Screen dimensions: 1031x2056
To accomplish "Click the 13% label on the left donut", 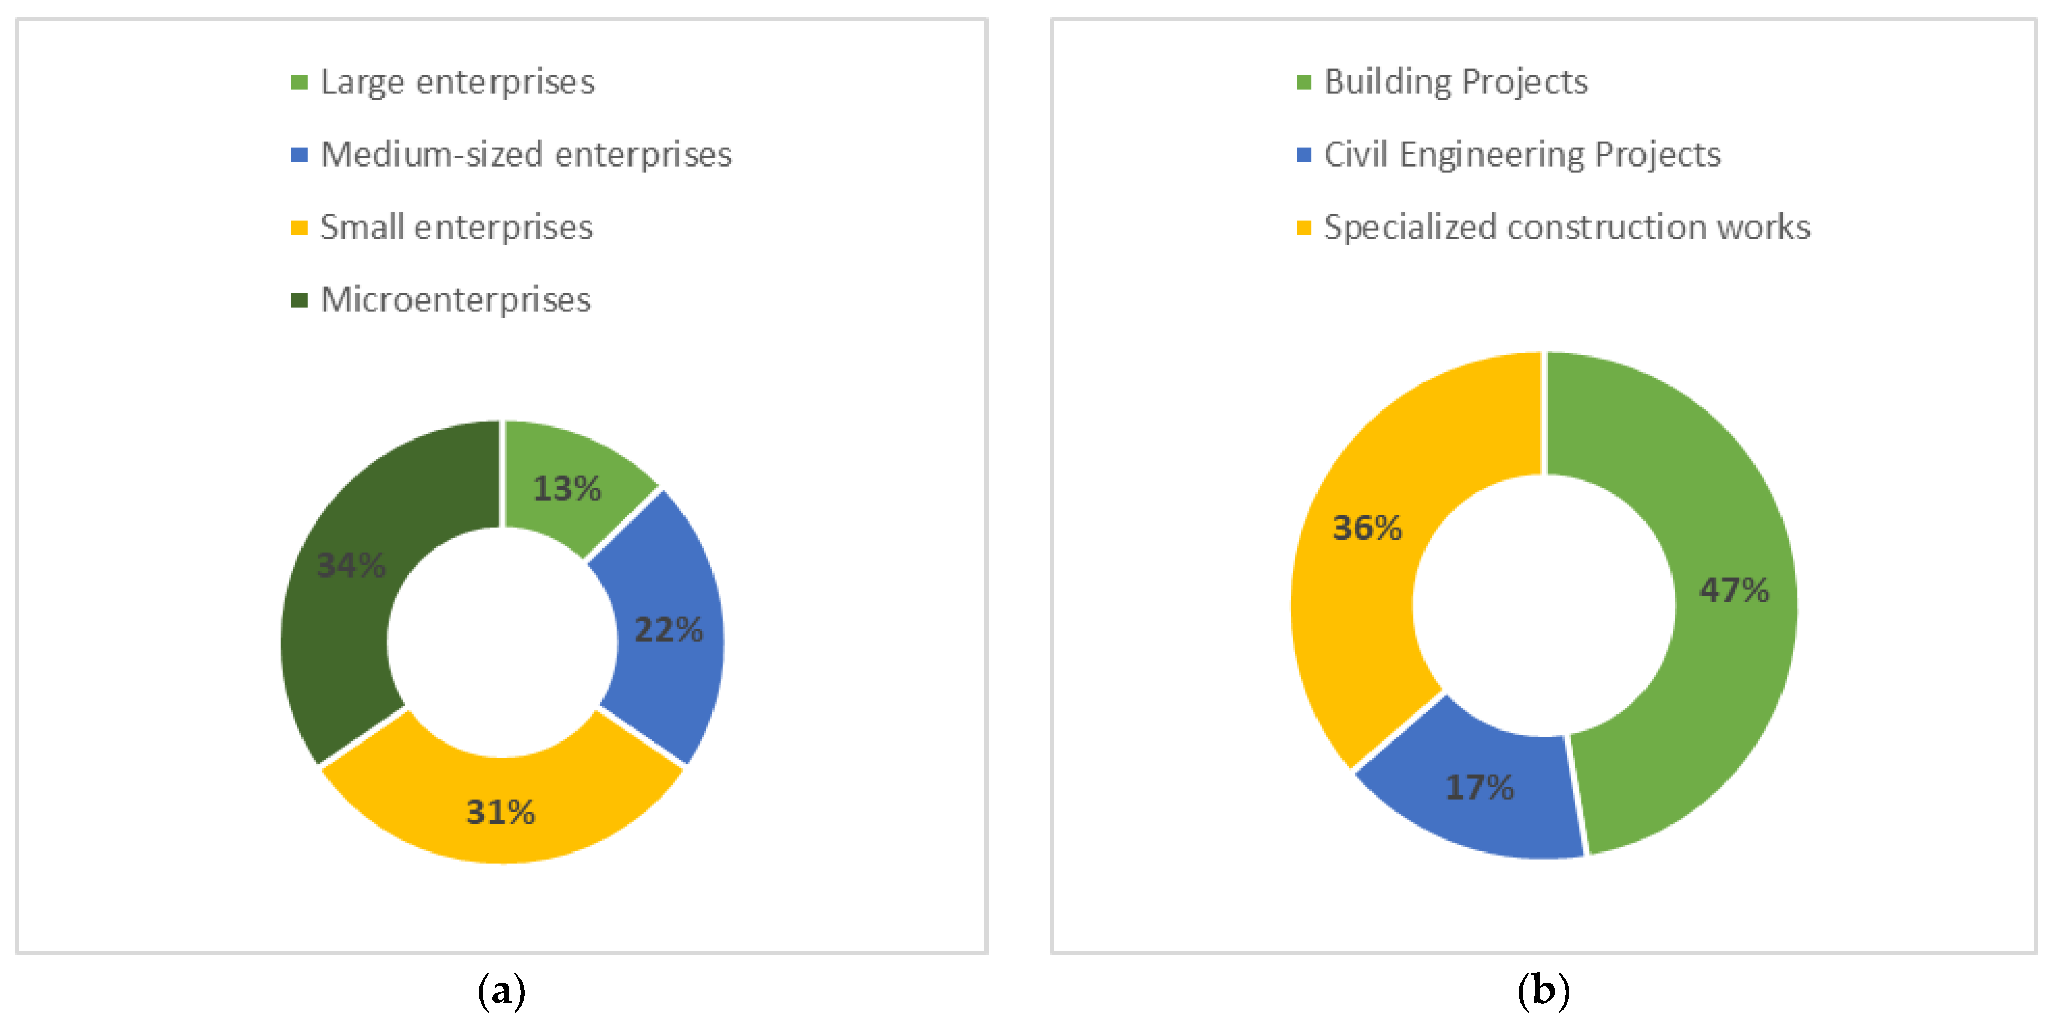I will coord(567,488).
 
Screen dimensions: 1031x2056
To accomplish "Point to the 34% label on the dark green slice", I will coord(351,565).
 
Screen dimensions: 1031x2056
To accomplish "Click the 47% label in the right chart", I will coord(1734,590).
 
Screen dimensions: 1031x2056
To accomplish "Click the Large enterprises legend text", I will coord(457,82).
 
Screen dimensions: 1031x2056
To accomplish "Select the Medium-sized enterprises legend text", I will coord(525,155).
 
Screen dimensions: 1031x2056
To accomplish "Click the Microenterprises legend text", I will coord(455,300).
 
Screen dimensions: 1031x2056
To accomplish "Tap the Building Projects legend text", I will coord(1456,82).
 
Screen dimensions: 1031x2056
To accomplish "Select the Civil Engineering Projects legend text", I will coord(1522,155).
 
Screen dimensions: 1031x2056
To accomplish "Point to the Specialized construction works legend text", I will coord(1566,227).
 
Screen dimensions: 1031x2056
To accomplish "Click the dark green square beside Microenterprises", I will coord(299,300).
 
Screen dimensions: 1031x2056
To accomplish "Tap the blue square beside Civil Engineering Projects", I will coord(1304,155).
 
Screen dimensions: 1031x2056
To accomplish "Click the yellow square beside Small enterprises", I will coord(299,227).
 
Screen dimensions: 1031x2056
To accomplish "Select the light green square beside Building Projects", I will coord(1304,82).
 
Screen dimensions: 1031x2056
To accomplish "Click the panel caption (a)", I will coord(501,991).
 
